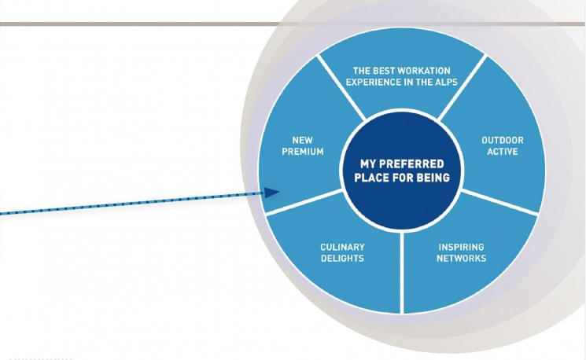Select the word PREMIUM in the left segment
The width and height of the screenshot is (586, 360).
(303, 152)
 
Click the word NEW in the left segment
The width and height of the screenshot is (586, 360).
(303, 140)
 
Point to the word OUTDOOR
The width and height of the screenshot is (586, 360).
(502, 140)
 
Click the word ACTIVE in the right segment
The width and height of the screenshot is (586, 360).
(502, 152)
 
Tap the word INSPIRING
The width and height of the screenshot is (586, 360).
(462, 247)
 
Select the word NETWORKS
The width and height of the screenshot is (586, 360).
(462, 259)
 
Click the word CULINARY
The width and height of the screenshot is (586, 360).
(342, 247)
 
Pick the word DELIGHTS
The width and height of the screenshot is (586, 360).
(342, 259)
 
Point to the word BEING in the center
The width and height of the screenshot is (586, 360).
(433, 178)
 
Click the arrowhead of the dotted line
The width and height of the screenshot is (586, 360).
(272, 193)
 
